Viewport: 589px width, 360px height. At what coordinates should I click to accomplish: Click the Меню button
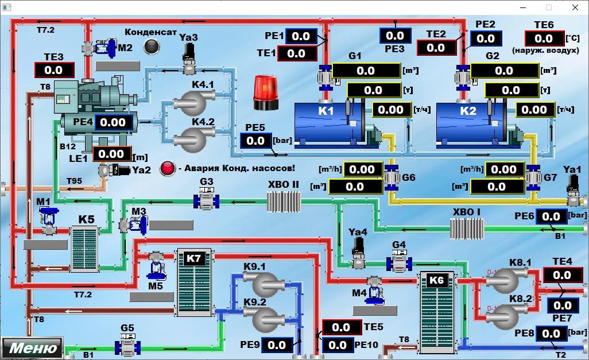32,347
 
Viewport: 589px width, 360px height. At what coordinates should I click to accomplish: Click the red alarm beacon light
266,92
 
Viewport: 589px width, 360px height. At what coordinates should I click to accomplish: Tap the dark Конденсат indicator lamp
152,47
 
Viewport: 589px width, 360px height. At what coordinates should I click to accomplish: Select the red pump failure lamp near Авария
168,168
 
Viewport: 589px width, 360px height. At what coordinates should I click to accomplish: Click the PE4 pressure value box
113,122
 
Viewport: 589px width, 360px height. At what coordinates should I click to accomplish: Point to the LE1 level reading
111,154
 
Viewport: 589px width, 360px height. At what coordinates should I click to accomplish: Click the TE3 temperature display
54,70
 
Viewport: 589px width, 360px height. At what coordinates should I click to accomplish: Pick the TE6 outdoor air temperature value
544,38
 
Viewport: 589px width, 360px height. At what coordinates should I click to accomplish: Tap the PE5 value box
255,141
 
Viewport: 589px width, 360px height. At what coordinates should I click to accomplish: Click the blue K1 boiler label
325,111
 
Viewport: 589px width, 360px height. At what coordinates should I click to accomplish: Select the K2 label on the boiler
468,111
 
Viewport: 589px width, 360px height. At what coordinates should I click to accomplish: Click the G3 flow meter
206,199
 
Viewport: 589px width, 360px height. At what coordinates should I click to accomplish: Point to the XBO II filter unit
284,202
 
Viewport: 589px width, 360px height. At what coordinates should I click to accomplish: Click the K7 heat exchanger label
194,258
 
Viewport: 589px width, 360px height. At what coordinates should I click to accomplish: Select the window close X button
575,7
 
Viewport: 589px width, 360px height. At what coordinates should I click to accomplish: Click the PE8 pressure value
551,334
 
